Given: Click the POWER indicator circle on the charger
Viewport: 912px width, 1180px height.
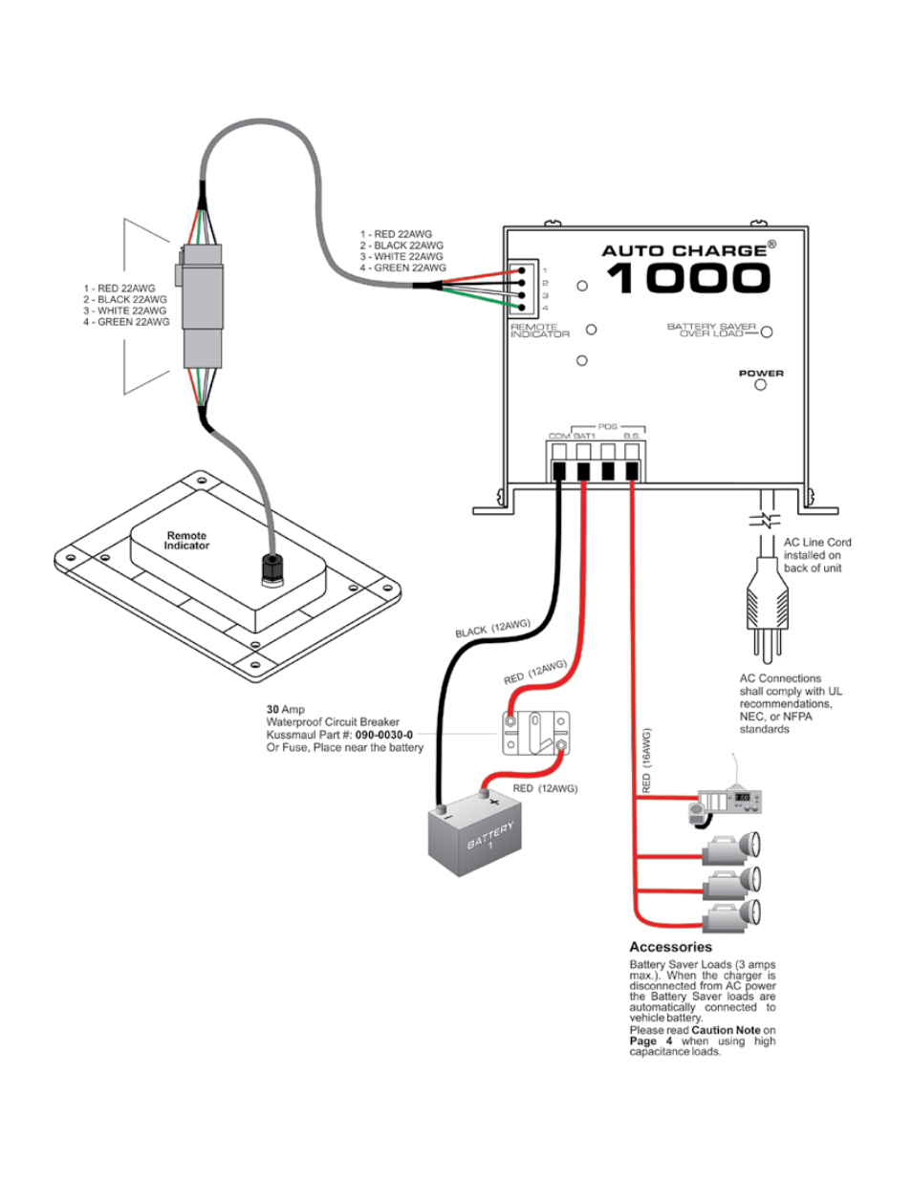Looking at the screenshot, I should click(760, 385).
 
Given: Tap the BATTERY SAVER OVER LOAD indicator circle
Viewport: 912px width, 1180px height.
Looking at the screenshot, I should click(766, 333).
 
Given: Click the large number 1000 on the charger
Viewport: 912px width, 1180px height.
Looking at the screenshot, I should click(687, 278).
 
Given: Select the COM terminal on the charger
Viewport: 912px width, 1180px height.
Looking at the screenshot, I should click(559, 469).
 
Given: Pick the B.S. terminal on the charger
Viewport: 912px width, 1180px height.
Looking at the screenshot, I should click(632, 469).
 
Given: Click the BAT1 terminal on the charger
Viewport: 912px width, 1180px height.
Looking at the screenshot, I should click(583, 469).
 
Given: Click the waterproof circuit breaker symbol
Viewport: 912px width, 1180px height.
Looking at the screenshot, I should click(536, 733).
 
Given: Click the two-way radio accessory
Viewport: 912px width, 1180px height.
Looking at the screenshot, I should click(727, 803).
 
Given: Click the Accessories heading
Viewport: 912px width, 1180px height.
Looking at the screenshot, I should click(670, 947).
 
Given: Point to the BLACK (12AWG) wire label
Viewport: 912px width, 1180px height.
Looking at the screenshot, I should click(492, 629).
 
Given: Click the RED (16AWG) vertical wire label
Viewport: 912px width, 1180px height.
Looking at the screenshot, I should click(647, 762).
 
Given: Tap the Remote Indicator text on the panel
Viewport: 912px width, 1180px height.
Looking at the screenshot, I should click(186, 541).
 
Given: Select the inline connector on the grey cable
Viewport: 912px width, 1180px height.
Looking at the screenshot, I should click(203, 305).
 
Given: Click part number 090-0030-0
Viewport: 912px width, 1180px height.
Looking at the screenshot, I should click(384, 735).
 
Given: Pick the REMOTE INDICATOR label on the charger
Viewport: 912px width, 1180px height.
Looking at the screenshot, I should click(539, 331).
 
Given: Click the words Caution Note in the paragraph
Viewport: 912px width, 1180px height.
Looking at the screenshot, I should click(726, 1030).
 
